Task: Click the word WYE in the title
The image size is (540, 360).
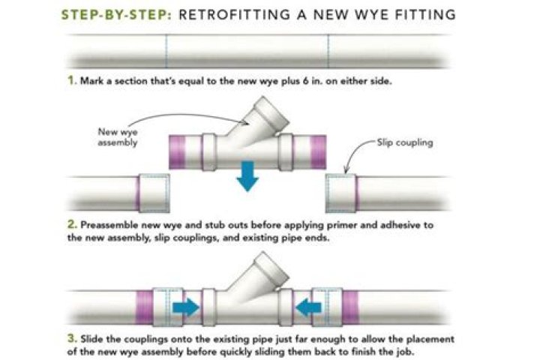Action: tap(368, 15)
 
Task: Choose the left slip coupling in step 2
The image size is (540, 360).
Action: tap(152, 194)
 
